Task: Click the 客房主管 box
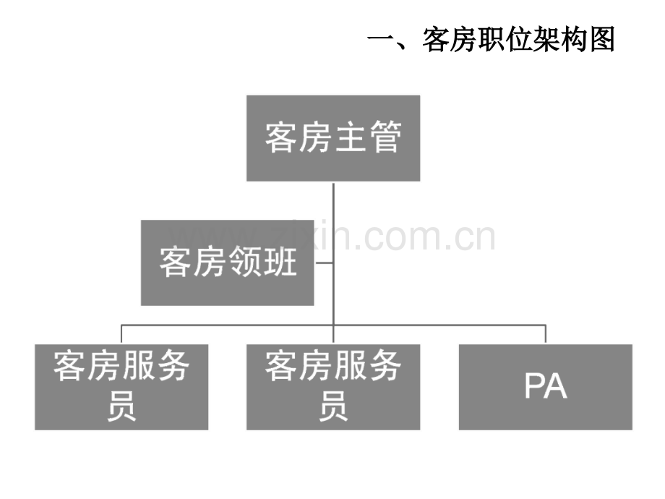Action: pyautogui.click(x=333, y=138)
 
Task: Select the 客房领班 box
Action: pyautogui.click(x=227, y=263)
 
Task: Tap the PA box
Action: pyautogui.click(x=546, y=387)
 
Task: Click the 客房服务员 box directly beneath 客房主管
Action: pyautogui.click(x=333, y=387)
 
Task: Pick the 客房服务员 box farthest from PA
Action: pyautogui.click(x=121, y=387)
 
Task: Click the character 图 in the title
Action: pyautogui.click(x=601, y=40)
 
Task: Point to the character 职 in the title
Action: pyautogui.click(x=491, y=40)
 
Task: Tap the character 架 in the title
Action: pyautogui.click(x=546, y=40)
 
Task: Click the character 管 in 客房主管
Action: pyautogui.click(x=385, y=137)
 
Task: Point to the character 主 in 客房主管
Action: pyautogui.click(x=351, y=137)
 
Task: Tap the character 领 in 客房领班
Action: pyautogui.click(x=245, y=262)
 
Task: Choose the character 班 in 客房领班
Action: pyautogui.click(x=280, y=262)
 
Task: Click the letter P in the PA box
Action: pyautogui.click(x=534, y=385)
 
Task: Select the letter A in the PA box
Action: pyautogui.click(x=556, y=385)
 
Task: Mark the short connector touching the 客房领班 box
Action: pyautogui.click(x=324, y=263)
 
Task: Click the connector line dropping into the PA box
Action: pyautogui.click(x=546, y=334)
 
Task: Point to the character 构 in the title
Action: pyautogui.click(x=574, y=40)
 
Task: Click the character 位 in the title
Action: pyautogui.click(x=519, y=40)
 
